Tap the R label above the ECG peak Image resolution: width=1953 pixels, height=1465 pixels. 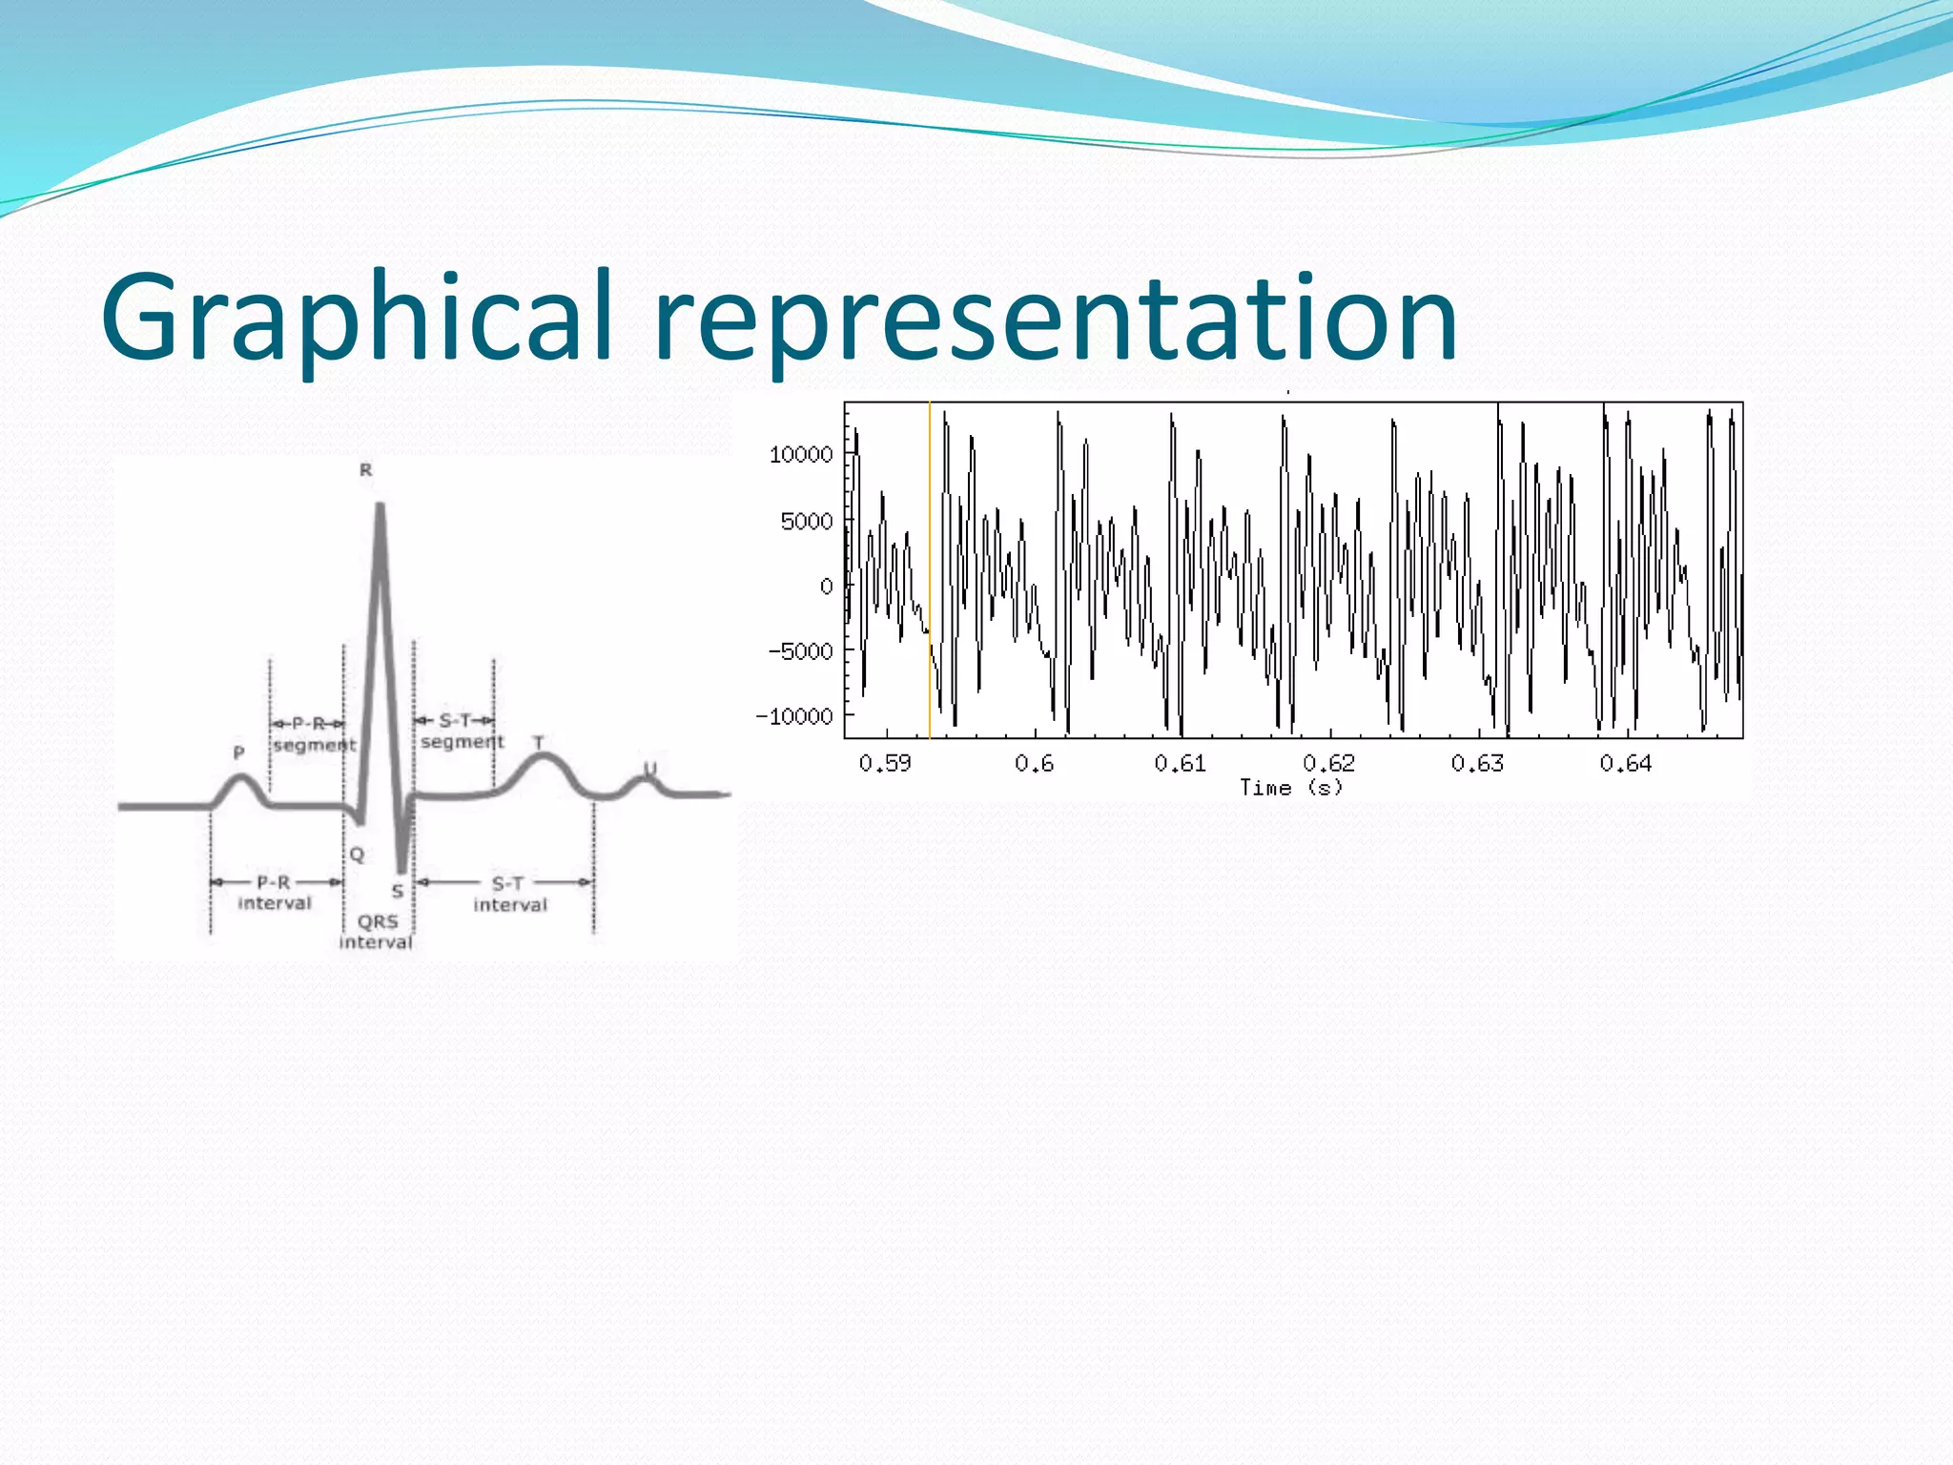[x=365, y=470]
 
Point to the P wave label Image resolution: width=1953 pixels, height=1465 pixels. [x=239, y=753]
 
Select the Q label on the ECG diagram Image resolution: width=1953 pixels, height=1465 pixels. [x=357, y=855]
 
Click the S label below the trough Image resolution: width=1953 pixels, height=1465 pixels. [x=398, y=892]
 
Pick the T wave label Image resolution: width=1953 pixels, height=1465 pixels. [x=539, y=742]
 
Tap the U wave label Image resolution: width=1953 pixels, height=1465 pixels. [x=649, y=769]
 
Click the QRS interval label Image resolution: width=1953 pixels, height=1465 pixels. [x=377, y=932]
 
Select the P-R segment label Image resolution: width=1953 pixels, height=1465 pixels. [x=313, y=734]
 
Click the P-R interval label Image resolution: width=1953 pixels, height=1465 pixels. [x=275, y=893]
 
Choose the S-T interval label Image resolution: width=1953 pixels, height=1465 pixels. [x=509, y=895]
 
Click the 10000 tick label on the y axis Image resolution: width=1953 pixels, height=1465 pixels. [x=801, y=455]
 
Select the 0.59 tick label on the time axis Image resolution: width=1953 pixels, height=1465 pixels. [x=885, y=764]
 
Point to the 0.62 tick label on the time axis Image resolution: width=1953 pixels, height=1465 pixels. [x=1328, y=764]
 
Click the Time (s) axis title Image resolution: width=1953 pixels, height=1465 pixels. [x=1291, y=788]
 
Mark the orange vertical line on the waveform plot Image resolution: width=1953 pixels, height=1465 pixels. [x=930, y=572]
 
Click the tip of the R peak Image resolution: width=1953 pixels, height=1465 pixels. [x=380, y=506]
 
